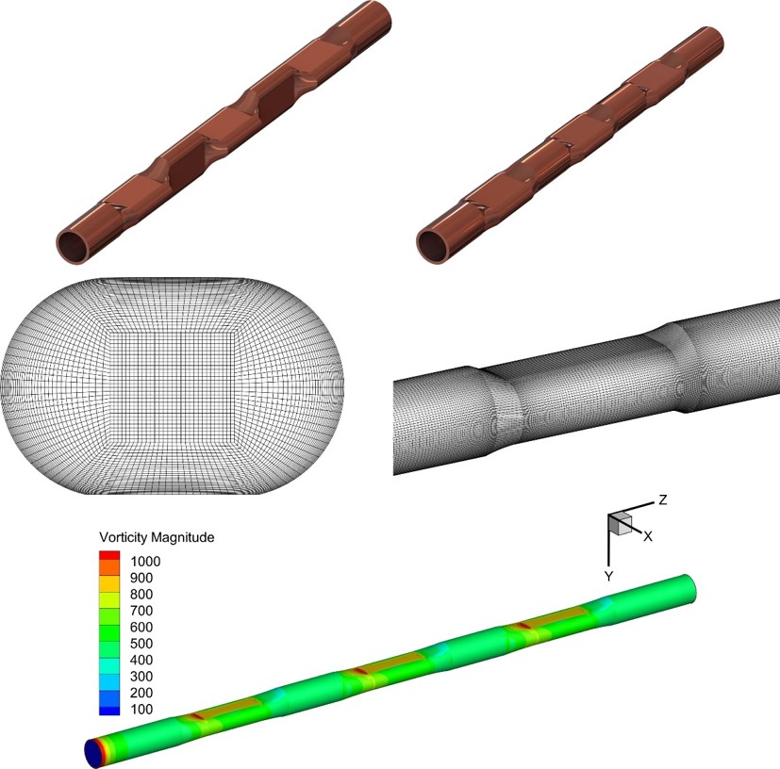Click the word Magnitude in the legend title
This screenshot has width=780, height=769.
pyautogui.click(x=185, y=537)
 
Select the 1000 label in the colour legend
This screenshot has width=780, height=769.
pyautogui.click(x=146, y=562)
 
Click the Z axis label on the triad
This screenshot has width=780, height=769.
pyautogui.click(x=663, y=500)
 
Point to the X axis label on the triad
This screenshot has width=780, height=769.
pyautogui.click(x=649, y=535)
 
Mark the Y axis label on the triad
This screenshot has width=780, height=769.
pyautogui.click(x=609, y=574)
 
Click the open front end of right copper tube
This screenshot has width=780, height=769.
pyautogui.click(x=431, y=244)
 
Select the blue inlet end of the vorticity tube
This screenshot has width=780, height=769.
pyautogui.click(x=93, y=751)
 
